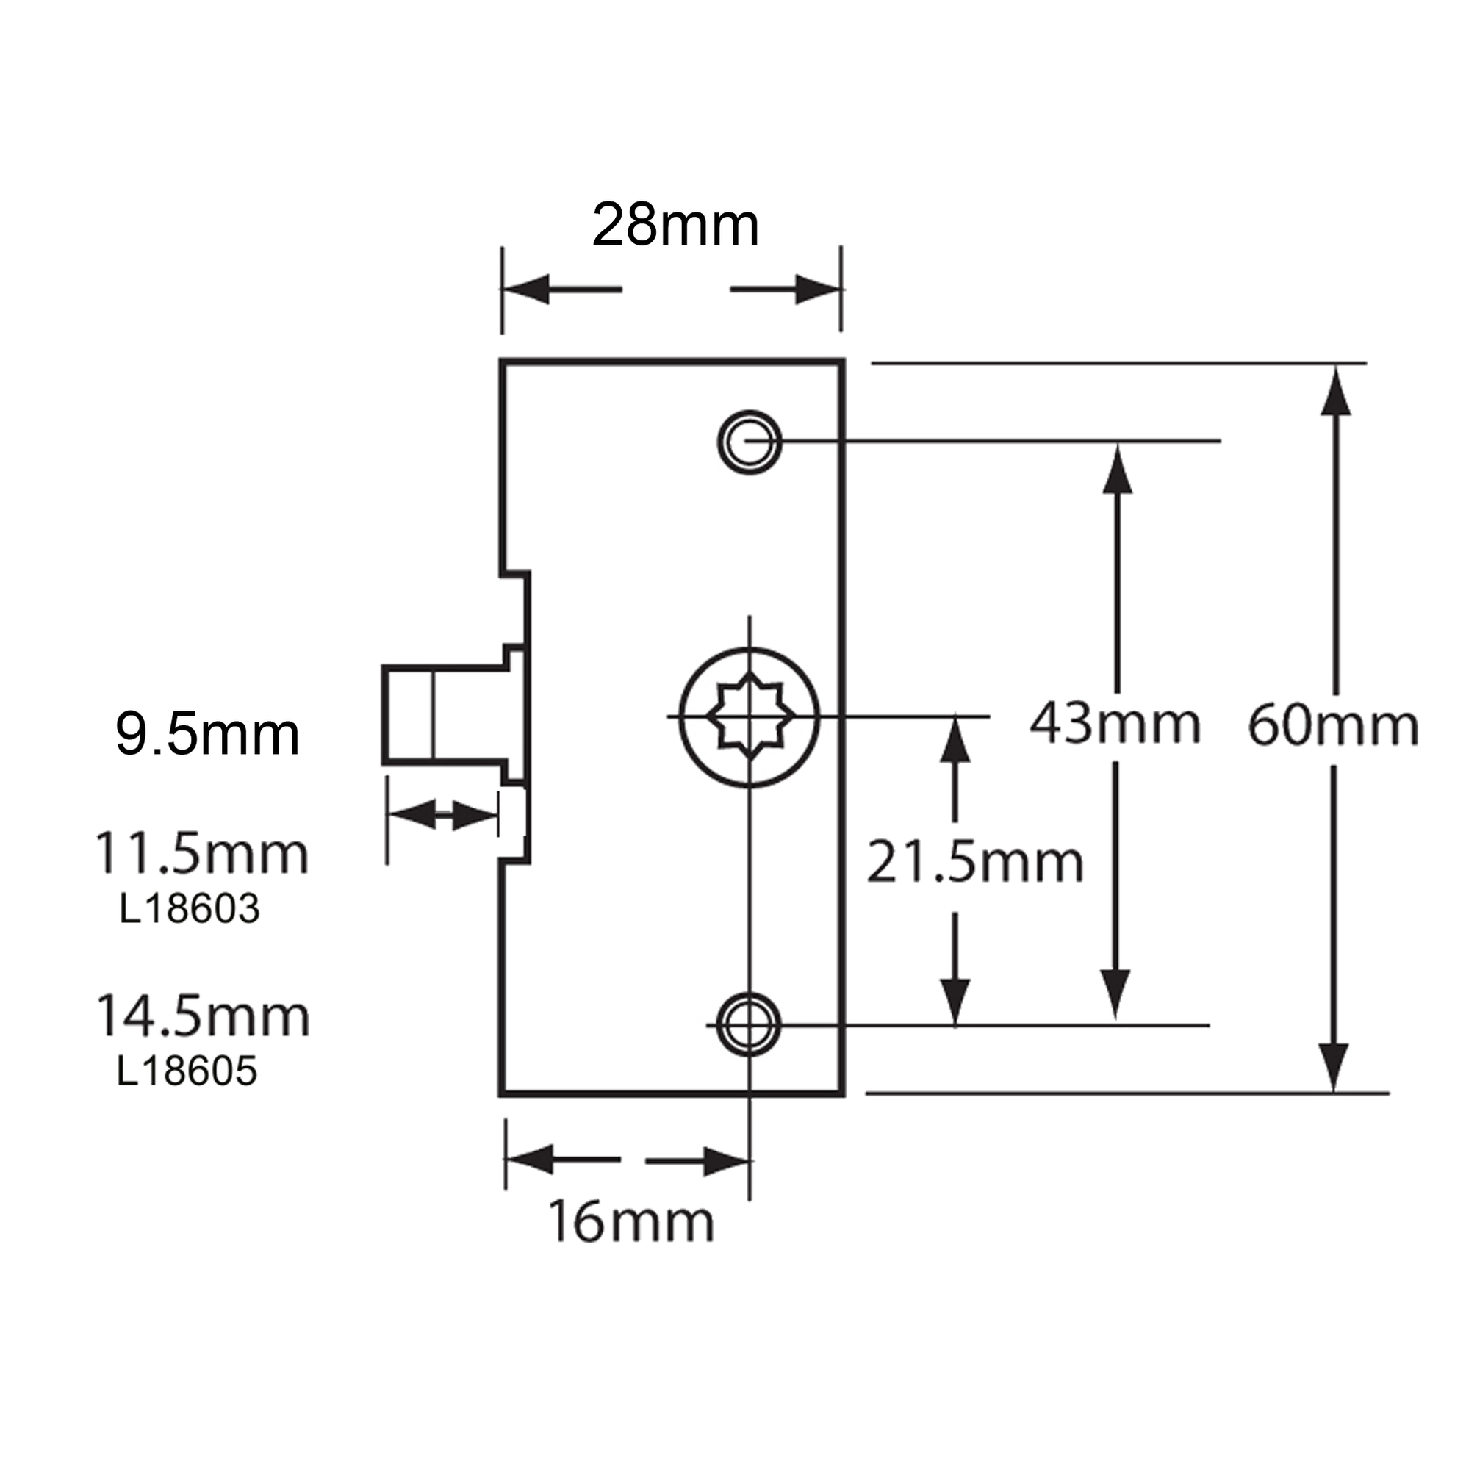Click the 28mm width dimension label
pos(675,226)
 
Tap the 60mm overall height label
pos(1332,726)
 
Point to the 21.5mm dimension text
pos(974,862)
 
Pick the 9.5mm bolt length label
pos(207,735)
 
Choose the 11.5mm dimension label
pos(201,855)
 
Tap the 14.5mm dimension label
pos(203,1017)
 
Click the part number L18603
pos(189,908)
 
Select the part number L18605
pos(187,1071)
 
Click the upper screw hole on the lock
pos(749,442)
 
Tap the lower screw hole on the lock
pos(748,1024)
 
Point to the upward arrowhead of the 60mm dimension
pos(1335,393)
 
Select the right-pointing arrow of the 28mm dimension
pos(816,289)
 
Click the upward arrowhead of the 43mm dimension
pos(1116,470)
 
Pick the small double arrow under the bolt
pos(442,816)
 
